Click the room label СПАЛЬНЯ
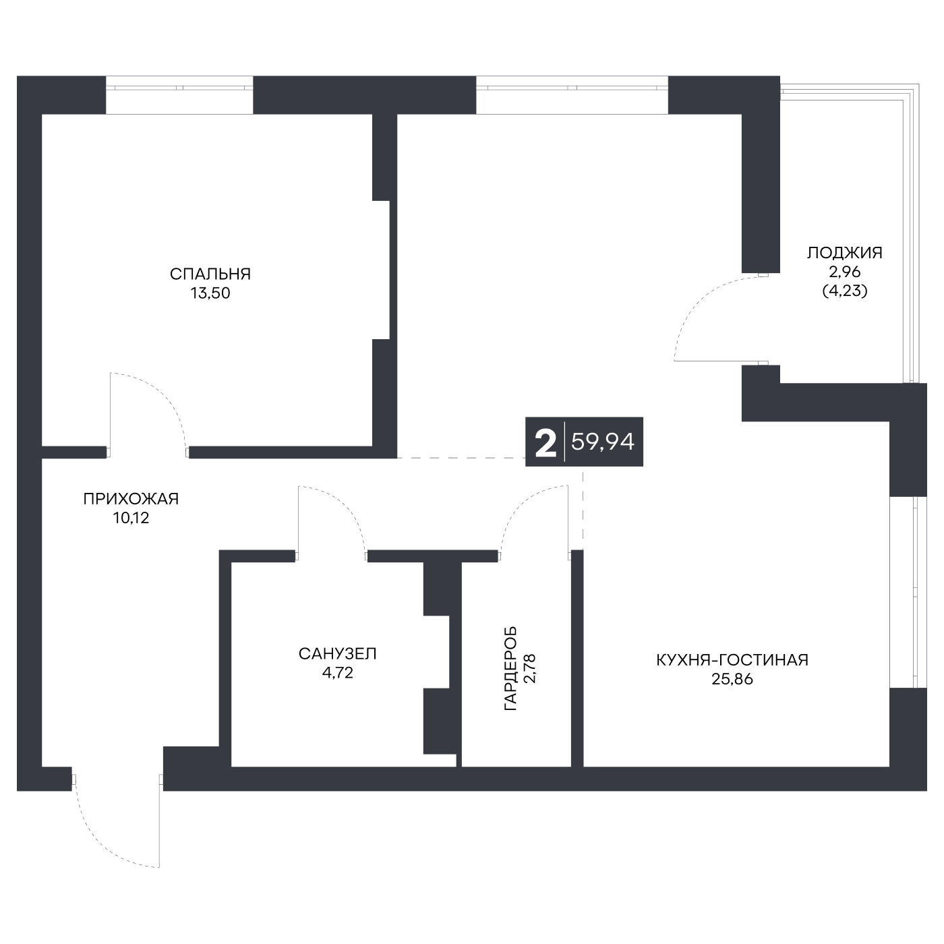pos(210,274)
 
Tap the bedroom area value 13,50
pos(210,293)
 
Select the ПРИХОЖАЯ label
pos(131,499)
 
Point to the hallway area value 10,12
pos(131,519)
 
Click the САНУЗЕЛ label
pos(338,654)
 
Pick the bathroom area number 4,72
pos(338,673)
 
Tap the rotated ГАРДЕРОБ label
pos(510,668)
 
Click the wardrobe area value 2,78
pos(530,668)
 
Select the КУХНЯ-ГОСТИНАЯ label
pos(732,660)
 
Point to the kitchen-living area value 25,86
pos(732,680)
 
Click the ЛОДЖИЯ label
pos(845,253)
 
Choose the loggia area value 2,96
pos(845,272)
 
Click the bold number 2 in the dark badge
pos(545,442)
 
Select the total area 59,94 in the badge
pos(603,442)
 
